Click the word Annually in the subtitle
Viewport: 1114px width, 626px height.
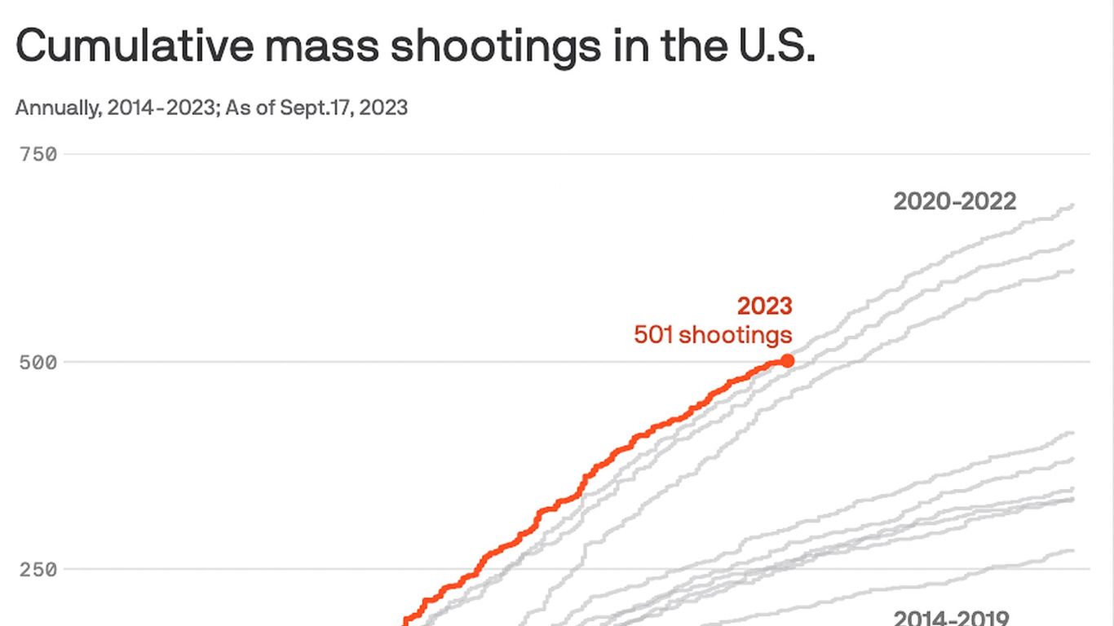53,108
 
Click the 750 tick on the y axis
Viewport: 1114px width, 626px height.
38,154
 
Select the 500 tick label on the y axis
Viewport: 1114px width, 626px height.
38,362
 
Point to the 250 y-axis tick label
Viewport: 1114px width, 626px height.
38,569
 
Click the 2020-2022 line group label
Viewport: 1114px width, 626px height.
955,201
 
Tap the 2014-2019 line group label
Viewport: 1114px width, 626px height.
952,619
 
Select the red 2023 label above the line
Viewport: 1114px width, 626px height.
764,306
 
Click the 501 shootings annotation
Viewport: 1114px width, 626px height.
713,334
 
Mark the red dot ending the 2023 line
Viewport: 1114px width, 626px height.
787,360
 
